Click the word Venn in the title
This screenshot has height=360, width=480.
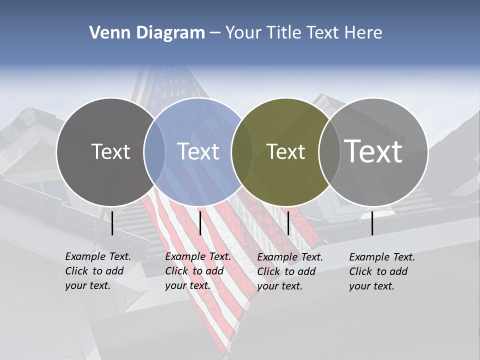pyautogui.click(x=106, y=32)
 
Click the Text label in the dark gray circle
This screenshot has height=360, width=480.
pyautogui.click(x=110, y=151)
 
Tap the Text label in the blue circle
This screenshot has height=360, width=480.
pyautogui.click(x=198, y=151)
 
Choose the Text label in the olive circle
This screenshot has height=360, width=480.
pyautogui.click(x=285, y=151)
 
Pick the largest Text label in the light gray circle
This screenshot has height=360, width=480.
pyautogui.click(x=373, y=151)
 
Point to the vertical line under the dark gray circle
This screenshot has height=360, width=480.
pyautogui.click(x=112, y=223)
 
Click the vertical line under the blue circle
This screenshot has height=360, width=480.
pyautogui.click(x=200, y=223)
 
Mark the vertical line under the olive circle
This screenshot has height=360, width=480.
pyautogui.click(x=288, y=223)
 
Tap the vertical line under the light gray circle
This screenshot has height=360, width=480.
pyautogui.click(x=372, y=223)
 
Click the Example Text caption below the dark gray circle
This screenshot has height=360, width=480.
pyautogui.click(x=97, y=271)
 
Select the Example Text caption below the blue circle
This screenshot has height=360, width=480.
pyautogui.click(x=197, y=271)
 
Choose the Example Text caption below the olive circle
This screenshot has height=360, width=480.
pyautogui.click(x=289, y=271)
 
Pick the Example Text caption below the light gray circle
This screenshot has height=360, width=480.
pyautogui.click(x=381, y=271)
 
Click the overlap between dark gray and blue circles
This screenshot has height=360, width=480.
pyautogui.click(x=154, y=151)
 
